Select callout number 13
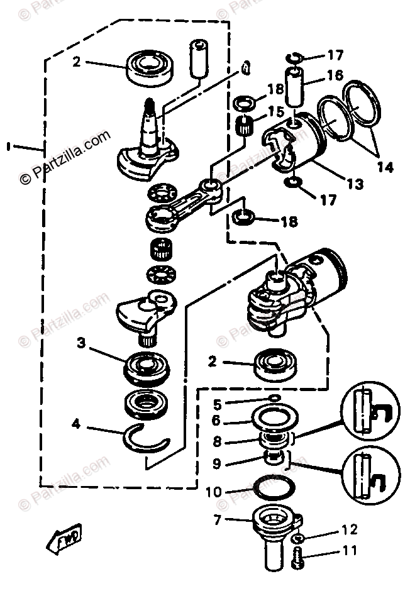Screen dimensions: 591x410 355,184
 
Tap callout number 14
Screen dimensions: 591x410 385,167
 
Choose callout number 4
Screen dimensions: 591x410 76,424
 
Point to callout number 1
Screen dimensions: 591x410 8,146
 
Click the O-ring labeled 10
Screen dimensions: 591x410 275,488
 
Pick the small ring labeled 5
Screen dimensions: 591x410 274,398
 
